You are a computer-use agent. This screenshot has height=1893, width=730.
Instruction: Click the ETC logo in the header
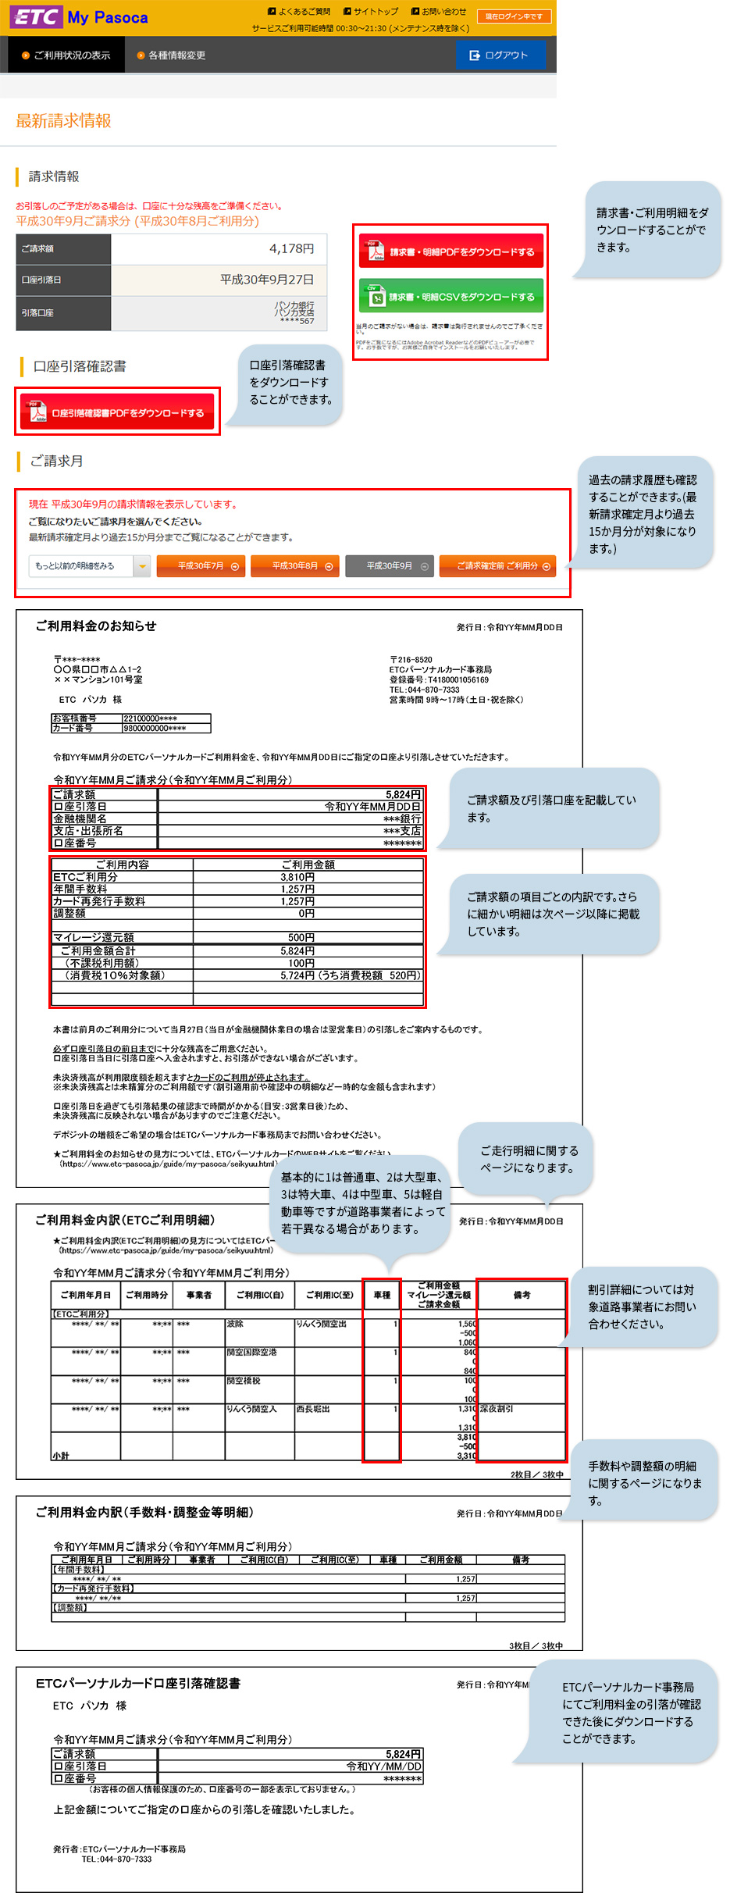[35, 17]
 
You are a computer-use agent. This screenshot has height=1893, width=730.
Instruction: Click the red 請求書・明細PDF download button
[450, 251]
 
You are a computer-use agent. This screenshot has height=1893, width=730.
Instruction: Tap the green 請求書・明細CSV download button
[450, 297]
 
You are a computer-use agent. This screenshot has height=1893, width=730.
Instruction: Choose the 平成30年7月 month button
[201, 566]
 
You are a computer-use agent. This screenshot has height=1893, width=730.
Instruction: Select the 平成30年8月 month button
[294, 566]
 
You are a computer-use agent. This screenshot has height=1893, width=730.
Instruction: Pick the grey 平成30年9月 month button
[389, 566]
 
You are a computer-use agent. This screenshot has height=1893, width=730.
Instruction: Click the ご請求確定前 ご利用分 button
[497, 566]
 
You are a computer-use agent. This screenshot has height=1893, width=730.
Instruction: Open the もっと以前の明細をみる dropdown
[89, 566]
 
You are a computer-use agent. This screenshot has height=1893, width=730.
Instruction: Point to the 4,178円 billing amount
[291, 248]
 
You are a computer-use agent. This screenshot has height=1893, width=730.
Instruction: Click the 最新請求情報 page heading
[63, 121]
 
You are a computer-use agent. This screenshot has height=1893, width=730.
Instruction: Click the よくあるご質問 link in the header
[299, 12]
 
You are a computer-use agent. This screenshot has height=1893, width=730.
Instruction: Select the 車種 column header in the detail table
[382, 1295]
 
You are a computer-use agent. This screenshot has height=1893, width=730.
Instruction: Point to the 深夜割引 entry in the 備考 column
[497, 1409]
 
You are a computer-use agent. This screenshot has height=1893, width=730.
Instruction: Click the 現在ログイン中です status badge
[514, 16]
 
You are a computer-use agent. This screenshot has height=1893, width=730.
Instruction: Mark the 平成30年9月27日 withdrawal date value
[266, 280]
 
